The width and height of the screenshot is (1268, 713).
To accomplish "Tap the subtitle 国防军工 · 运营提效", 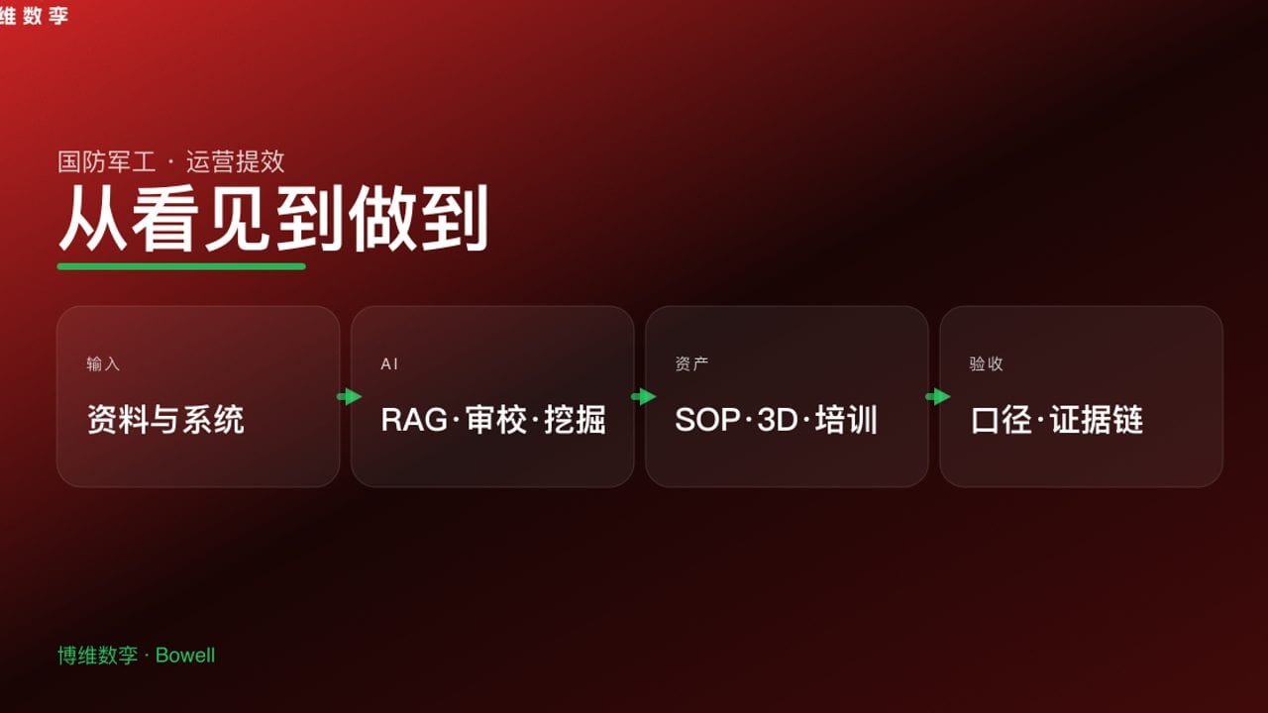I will coord(171,161).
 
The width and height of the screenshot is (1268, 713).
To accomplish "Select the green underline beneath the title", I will coord(181,266).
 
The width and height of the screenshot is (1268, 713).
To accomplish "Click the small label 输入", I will coord(103,364).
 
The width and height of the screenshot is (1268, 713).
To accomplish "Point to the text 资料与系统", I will coord(165,420).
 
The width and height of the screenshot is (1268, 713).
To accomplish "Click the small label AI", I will coord(389,364).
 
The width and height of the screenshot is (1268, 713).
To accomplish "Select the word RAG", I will coord(414,420).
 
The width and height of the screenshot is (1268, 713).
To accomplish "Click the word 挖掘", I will coord(575,420).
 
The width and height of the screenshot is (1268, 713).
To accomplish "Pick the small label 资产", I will coord(691,364).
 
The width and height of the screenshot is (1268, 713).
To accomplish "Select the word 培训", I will coord(847,420).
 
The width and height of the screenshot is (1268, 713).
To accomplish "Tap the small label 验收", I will coord(986,364).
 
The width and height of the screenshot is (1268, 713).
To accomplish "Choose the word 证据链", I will coord(1097,420).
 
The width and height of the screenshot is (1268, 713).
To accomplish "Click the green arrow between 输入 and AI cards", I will coord(349,397).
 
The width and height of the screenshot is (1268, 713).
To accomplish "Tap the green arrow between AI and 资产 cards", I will coord(643,397).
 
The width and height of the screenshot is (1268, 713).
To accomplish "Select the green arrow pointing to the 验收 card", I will coord(937,397).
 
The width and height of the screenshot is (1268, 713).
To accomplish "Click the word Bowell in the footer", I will coord(185,656).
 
